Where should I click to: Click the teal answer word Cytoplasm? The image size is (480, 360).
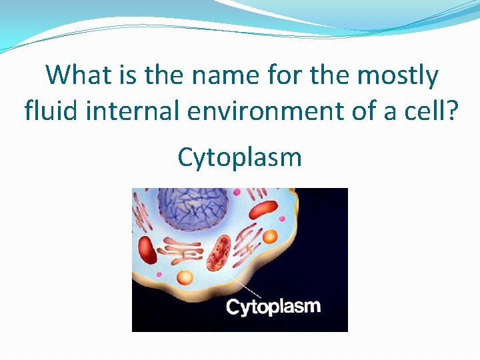click(x=239, y=157)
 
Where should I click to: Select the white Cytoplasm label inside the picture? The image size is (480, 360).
click(x=273, y=307)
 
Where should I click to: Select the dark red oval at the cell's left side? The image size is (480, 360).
click(x=147, y=254)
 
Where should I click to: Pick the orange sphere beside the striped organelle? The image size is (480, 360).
click(x=270, y=237)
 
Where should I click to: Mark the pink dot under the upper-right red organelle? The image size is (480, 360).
click(x=281, y=218)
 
